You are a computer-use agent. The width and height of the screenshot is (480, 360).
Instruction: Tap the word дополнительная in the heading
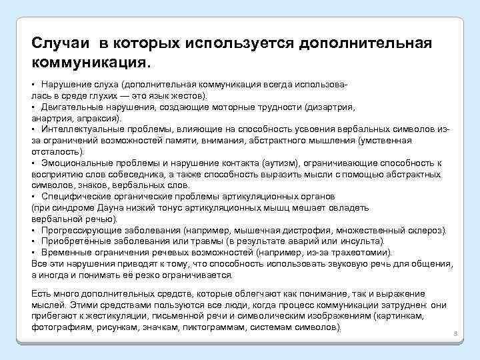click(x=367, y=43)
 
